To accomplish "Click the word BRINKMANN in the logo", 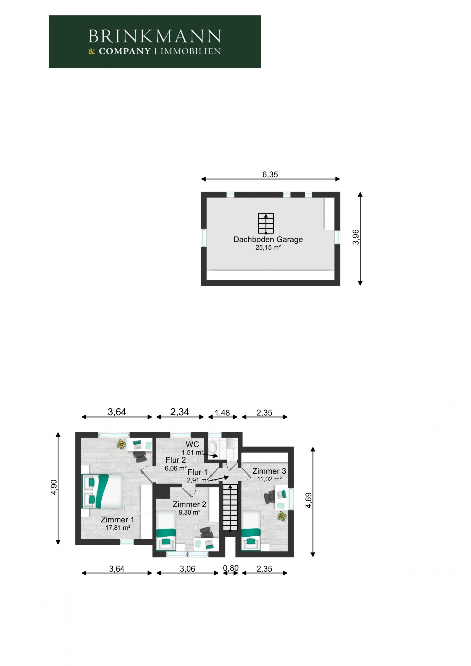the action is [x=155, y=36].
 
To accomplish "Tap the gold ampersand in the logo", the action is [x=92, y=52].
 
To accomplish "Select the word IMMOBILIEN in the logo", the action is [x=191, y=52].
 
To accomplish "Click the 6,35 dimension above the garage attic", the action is [x=270, y=174].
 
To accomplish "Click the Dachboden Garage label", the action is [x=268, y=239].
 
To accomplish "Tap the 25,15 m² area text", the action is [x=268, y=247].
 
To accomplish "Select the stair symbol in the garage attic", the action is [x=266, y=224].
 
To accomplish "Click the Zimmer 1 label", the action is [x=118, y=519].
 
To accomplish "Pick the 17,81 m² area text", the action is [x=118, y=528].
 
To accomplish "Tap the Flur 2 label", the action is [x=176, y=460].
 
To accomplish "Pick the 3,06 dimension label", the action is [x=187, y=569].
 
